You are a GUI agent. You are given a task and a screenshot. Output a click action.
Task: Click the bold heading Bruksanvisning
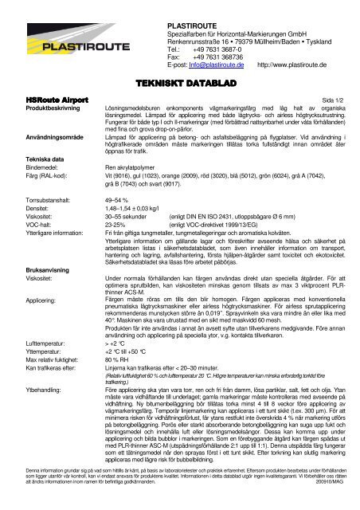pyautogui.click(x=29, y=313)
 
